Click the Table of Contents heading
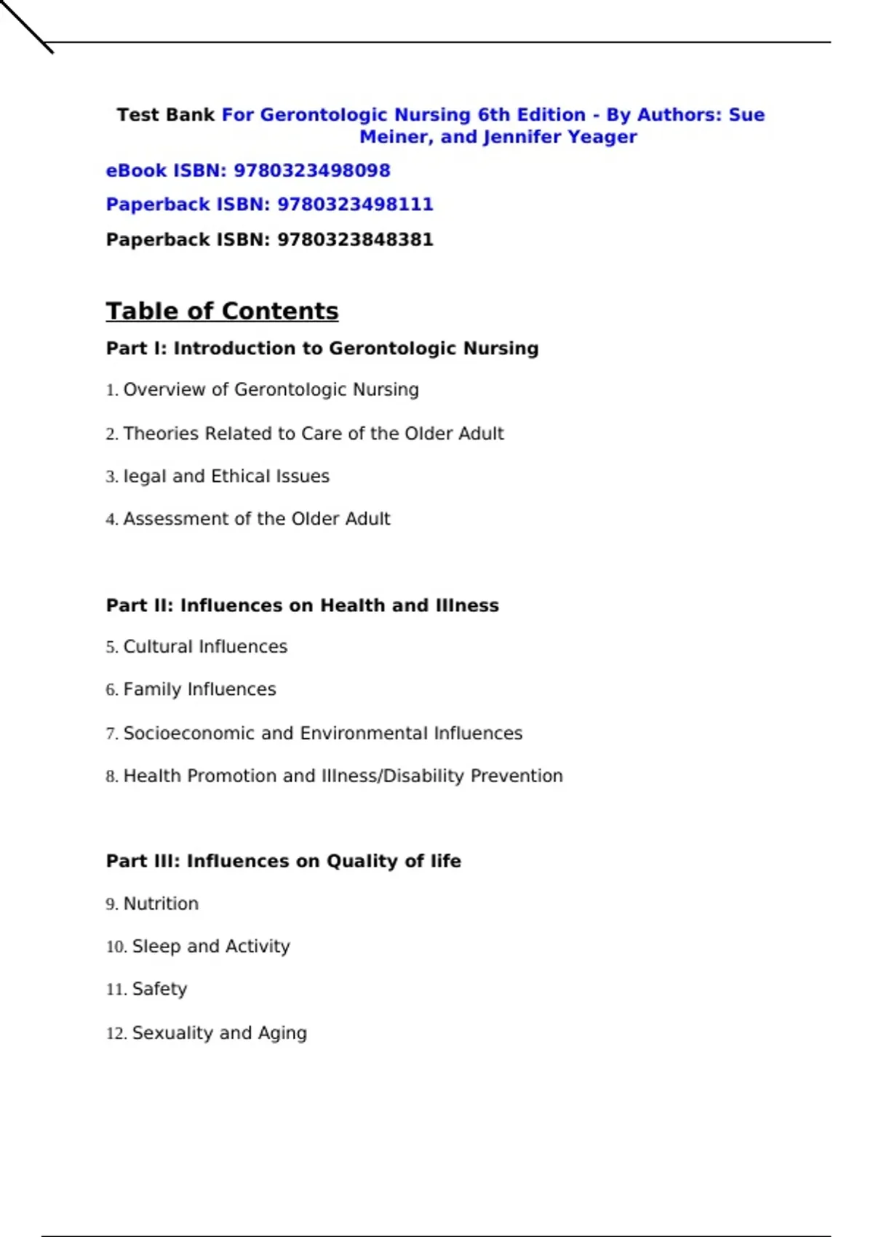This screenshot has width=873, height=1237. (x=222, y=311)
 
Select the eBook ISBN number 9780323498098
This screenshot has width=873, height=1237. (x=311, y=171)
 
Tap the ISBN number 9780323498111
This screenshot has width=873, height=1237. (x=355, y=204)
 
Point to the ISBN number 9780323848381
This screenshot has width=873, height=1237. (x=355, y=240)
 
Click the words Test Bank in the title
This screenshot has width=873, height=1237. (x=165, y=115)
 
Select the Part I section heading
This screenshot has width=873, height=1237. (x=322, y=349)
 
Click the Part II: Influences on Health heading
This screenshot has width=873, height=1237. (x=302, y=605)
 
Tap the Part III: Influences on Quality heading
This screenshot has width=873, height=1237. (x=283, y=862)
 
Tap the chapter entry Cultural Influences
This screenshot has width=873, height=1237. (x=205, y=647)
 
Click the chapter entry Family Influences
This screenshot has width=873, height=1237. (x=199, y=690)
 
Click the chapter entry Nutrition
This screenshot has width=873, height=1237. (x=161, y=904)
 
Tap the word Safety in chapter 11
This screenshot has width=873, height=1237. (x=159, y=990)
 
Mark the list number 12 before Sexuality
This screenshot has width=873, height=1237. (x=116, y=1033)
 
